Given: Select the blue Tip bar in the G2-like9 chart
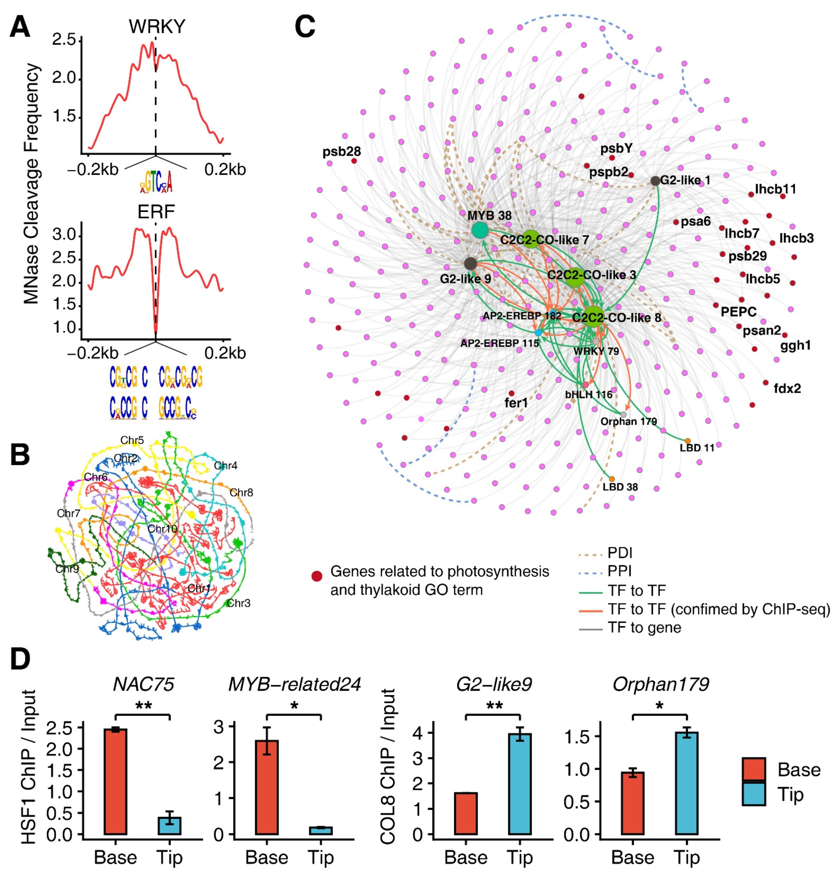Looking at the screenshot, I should click(x=520, y=784).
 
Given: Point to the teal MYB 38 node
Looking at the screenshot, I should click(x=480, y=230).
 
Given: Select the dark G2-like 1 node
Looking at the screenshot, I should click(x=655, y=181).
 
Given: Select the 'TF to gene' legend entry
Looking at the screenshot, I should click(x=644, y=627).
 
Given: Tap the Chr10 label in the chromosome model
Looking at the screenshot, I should click(x=162, y=529).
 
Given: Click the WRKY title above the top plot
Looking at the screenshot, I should click(x=157, y=27).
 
